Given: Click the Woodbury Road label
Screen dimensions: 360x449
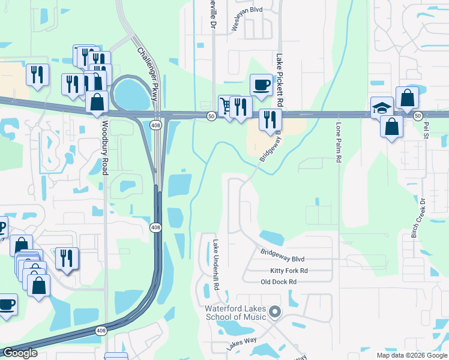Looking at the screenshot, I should click(104, 148).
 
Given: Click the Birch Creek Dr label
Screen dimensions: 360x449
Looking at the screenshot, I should click(414, 218).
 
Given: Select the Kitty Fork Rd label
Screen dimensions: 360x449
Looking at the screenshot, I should click(289, 271).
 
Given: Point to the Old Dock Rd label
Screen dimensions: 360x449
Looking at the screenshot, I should click(279, 281).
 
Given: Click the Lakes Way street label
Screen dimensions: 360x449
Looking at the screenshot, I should click(241, 344).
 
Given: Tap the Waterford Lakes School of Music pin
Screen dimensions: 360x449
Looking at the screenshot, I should click(276, 311).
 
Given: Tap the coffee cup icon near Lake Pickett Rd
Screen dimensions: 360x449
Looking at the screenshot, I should click(261, 85).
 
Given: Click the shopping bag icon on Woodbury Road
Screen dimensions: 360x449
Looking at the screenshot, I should click(97, 101).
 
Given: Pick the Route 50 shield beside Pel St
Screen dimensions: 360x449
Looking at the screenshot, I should click(418, 115).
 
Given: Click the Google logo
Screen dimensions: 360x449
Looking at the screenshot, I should click(19, 353).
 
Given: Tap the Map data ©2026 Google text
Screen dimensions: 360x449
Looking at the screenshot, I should click(411, 355).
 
